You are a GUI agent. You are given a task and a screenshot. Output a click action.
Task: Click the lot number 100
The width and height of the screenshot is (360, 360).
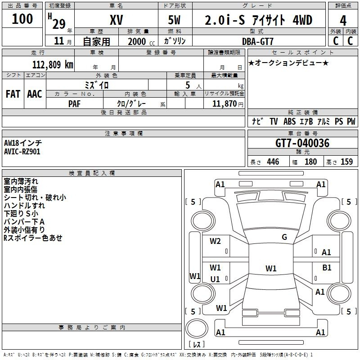22,19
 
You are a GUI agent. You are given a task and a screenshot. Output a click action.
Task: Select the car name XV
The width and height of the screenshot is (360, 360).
116,20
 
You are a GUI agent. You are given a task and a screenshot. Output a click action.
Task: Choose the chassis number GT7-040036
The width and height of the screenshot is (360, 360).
302,144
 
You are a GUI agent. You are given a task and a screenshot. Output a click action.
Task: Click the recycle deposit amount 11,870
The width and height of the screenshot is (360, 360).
224,104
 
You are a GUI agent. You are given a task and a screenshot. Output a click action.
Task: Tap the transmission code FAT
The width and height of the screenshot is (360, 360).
13,94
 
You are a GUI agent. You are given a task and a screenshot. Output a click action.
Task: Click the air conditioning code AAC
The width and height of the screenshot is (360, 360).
34,94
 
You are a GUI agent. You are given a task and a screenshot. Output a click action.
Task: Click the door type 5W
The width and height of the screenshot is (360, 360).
175,20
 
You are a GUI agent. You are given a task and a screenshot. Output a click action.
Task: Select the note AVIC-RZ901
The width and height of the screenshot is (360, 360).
22,152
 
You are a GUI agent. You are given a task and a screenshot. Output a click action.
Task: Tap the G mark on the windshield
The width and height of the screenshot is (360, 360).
284,237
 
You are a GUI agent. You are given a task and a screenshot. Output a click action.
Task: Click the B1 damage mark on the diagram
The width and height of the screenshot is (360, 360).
327,267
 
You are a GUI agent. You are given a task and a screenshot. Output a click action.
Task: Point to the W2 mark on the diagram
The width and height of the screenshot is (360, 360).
215,241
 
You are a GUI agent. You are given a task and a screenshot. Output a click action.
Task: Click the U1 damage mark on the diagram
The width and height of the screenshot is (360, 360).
215,279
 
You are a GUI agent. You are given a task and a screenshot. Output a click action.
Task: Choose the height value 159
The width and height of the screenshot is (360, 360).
346,162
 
